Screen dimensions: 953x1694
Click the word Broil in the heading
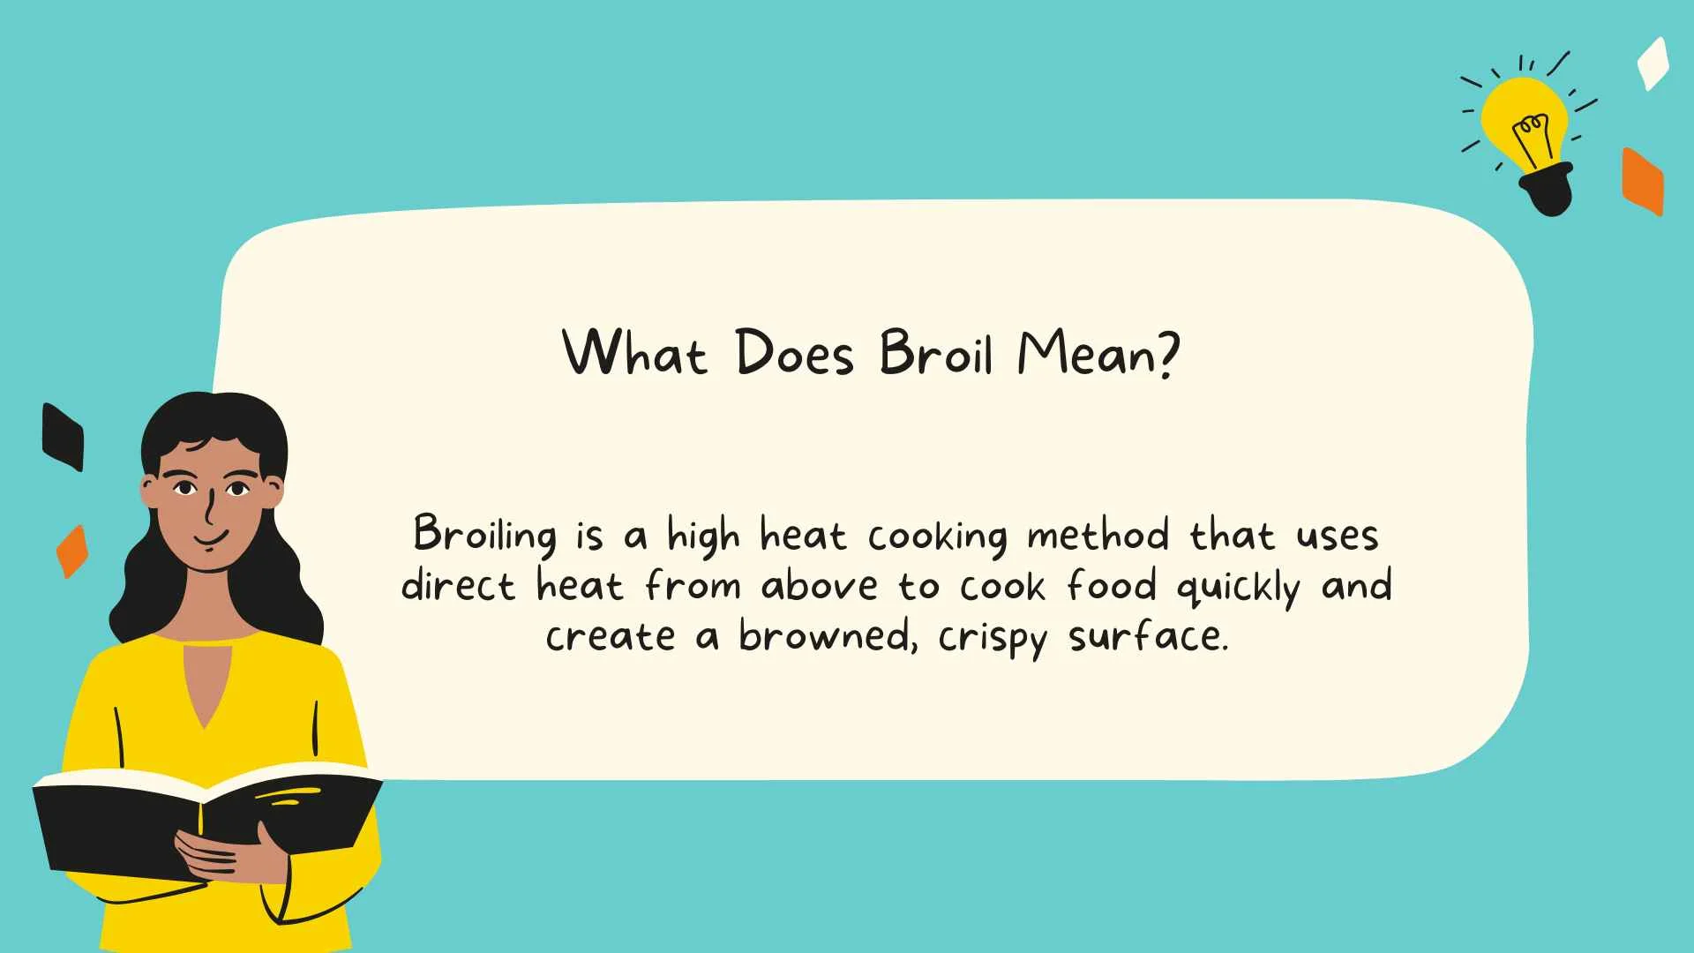pos(936,353)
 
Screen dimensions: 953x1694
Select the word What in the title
pos(634,353)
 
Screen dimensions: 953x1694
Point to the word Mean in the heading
pos(1087,353)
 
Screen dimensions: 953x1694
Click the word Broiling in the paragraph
pos(485,535)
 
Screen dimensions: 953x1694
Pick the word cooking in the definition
pos(937,537)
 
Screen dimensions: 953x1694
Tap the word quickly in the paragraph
pos(1238,588)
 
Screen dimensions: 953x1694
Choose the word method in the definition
pos(1098,535)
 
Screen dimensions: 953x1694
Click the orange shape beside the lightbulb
pos(1642,181)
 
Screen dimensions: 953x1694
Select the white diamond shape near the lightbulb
pos(1653,63)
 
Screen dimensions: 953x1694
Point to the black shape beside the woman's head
pos(64,437)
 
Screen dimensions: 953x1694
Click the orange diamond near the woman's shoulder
pos(72,552)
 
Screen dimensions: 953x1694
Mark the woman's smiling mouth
pos(212,537)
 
